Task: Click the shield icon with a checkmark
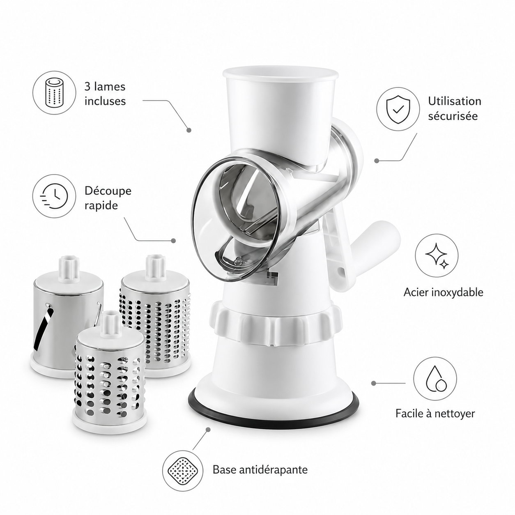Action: click(x=398, y=109)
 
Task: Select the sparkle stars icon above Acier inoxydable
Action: click(x=437, y=255)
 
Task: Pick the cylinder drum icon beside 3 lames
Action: click(x=54, y=93)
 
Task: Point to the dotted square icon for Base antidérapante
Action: click(x=183, y=469)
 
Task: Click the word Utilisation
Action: click(x=455, y=101)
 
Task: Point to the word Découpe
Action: click(x=108, y=191)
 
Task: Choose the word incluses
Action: click(x=105, y=101)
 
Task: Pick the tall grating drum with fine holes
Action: click(x=155, y=320)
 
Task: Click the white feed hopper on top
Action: click(x=280, y=115)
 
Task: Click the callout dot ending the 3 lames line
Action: click(x=189, y=130)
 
